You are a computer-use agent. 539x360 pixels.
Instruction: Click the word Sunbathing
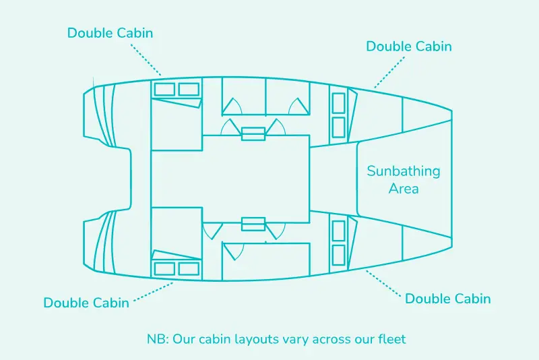403,171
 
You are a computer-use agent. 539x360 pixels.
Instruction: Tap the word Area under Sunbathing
404,188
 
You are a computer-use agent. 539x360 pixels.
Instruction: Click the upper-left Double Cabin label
110,32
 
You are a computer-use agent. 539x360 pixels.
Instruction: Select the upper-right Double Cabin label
409,47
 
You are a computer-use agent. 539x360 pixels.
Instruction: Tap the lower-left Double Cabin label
86,303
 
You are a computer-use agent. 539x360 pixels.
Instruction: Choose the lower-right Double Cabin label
447,299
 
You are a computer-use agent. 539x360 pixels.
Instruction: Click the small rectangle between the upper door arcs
253,133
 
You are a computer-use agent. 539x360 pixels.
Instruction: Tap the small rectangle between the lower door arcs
253,224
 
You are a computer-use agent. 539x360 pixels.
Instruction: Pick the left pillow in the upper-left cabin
164,89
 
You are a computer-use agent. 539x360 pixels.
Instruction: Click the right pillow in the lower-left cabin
189,268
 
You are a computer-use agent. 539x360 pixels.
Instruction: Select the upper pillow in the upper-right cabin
338,102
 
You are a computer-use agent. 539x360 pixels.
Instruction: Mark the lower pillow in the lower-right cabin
338,254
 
